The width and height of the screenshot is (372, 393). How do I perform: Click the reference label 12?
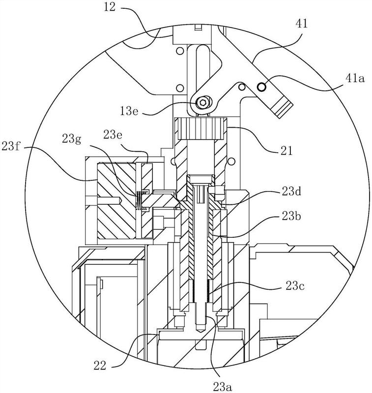(110, 7)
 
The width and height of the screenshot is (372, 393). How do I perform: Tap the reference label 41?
(302, 24)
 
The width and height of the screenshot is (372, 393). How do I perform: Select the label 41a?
(355, 79)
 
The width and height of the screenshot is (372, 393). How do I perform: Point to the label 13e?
(129, 111)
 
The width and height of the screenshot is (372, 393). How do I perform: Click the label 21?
(286, 151)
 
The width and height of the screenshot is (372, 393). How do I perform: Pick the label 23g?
(72, 139)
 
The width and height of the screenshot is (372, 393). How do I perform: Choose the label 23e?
(113, 136)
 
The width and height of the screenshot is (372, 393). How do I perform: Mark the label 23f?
(10, 146)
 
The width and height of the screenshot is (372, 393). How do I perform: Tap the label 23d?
(291, 192)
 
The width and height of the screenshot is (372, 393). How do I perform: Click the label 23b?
(291, 216)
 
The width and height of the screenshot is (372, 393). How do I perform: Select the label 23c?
(295, 286)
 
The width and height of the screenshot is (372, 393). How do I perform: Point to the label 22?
(100, 365)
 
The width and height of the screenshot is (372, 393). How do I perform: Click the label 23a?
(223, 387)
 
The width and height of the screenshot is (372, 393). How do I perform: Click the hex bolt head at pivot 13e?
(202, 102)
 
